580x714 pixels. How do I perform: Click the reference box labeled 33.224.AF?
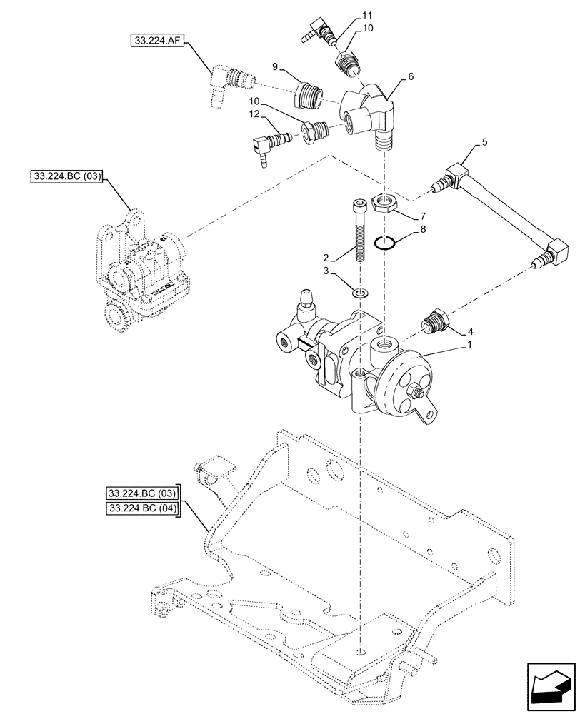(156, 41)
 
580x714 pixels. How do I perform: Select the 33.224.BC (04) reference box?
(142, 508)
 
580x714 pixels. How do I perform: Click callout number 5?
(485, 142)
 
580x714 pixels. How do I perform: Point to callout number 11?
(367, 15)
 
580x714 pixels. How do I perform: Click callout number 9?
(274, 66)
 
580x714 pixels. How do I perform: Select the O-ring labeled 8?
(386, 243)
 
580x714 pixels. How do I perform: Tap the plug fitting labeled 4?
(436, 322)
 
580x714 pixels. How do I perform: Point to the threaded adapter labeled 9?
(308, 95)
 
